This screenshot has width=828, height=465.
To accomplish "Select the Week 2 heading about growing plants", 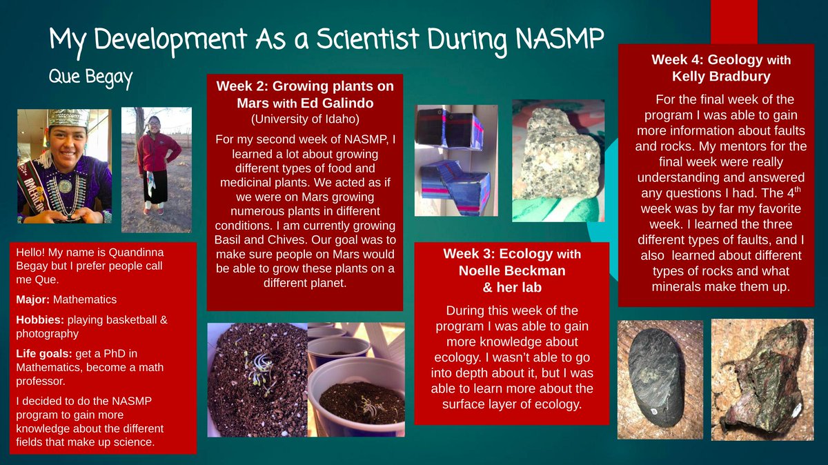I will pos(304,94).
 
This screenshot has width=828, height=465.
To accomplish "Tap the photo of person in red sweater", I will pos(157,169).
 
